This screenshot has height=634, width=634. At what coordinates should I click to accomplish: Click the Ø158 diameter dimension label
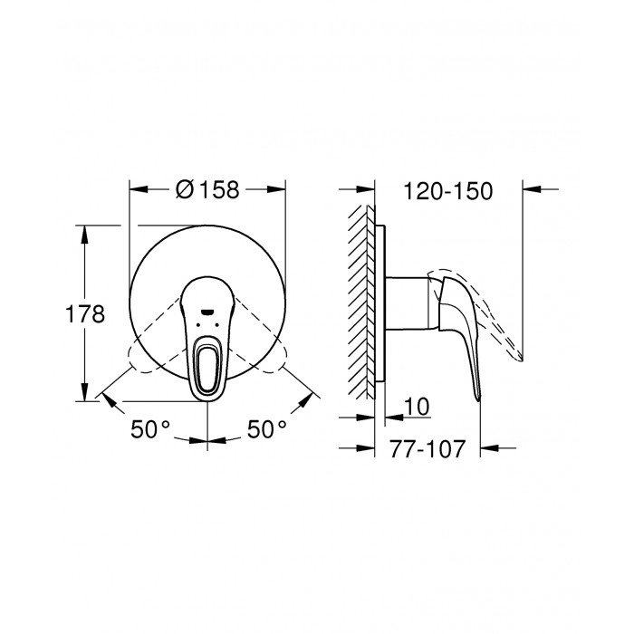click(x=207, y=189)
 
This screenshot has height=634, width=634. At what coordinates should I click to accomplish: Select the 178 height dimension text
click(x=85, y=313)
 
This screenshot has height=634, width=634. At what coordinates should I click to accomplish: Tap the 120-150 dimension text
click(x=448, y=191)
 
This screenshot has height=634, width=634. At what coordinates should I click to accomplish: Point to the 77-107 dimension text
click(x=427, y=449)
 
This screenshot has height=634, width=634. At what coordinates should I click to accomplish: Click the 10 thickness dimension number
click(x=417, y=407)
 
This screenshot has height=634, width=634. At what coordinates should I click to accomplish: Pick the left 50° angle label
click(x=150, y=429)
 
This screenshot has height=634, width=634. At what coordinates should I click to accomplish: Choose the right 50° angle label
click(x=267, y=429)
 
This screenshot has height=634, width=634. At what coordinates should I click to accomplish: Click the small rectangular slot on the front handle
click(x=207, y=312)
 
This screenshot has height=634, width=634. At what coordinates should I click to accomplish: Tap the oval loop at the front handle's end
click(x=207, y=369)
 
